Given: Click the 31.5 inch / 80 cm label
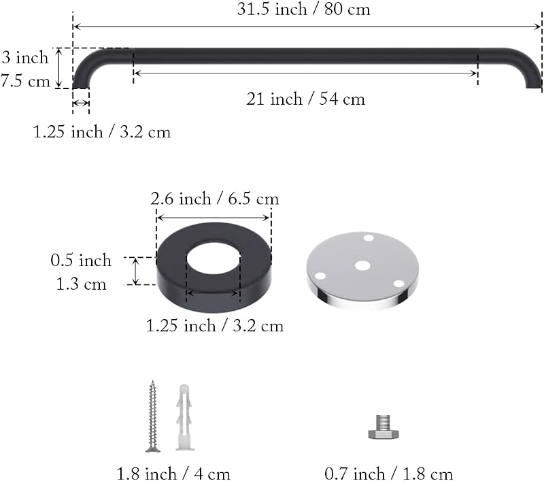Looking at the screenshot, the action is [303, 9].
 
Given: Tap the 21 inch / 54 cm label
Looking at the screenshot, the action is [305, 99].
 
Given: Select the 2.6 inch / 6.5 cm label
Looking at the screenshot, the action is [215, 199].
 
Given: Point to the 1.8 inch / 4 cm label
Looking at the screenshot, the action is [173, 474].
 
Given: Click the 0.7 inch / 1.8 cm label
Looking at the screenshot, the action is [388, 474].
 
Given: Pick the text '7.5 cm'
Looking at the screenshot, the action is [25, 81].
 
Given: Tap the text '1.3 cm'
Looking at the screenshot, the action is [81, 284].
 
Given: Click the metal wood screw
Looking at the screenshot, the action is [152, 416].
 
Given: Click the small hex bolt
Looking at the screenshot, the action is [384, 427].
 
